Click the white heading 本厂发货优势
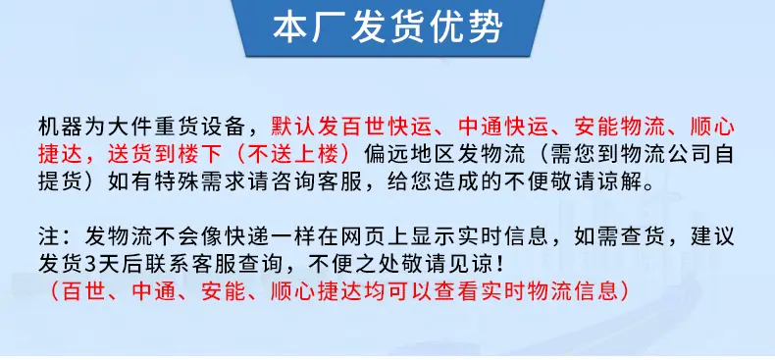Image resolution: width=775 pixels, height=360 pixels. (x=387, y=27)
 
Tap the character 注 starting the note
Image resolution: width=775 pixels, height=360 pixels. (x=49, y=236)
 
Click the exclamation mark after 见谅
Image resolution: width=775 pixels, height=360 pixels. (x=500, y=265)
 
